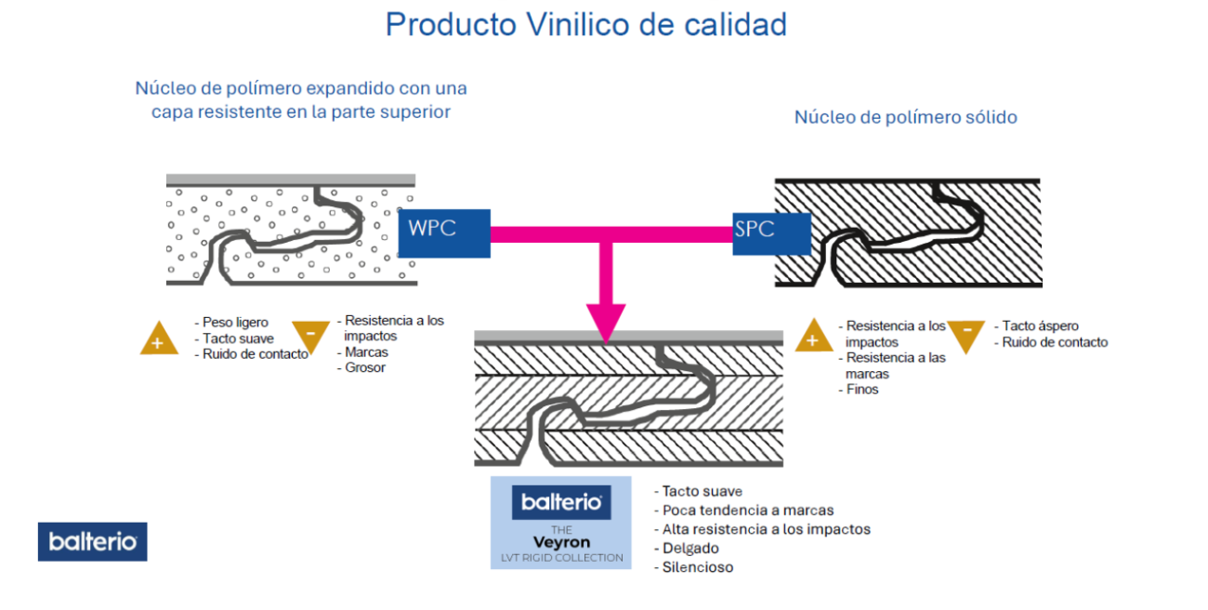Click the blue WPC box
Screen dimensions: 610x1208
(x=444, y=232)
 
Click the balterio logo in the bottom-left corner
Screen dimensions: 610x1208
(x=92, y=542)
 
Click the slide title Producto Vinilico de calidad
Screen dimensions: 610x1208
(x=586, y=24)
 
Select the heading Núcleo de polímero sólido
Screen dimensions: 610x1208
(x=905, y=117)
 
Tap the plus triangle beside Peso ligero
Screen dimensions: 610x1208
(x=159, y=339)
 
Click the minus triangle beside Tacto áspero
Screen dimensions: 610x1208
(x=967, y=335)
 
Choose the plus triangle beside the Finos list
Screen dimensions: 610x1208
(x=813, y=337)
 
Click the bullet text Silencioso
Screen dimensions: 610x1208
(x=698, y=567)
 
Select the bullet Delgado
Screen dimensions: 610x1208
(x=692, y=548)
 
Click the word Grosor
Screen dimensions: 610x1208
(x=364, y=367)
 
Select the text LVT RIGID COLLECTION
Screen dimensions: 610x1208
(x=560, y=558)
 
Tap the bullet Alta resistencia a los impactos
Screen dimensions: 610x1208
(x=767, y=529)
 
